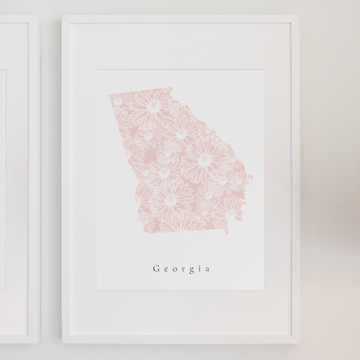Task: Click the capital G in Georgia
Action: tap(157, 269)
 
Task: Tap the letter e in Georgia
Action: tap(166, 269)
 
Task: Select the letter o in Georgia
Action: tap(175, 269)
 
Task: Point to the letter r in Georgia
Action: tap(184, 269)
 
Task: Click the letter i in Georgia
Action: tap(200, 269)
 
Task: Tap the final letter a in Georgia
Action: tap(208, 269)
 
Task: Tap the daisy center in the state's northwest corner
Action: tap(117, 103)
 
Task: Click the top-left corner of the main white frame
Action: tap(62, 16)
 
